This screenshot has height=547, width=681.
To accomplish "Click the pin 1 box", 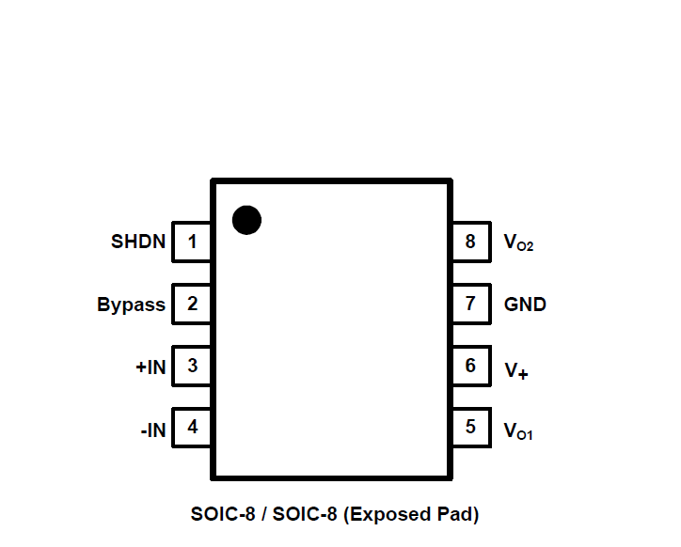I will coord(192,242).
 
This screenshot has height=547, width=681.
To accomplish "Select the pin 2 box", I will coord(192,304).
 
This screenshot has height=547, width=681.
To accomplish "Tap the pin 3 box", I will coord(192,366).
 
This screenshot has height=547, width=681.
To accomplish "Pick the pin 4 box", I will coord(192,428).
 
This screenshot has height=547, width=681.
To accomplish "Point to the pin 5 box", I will coord(470,428).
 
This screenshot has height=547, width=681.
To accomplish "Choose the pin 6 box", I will coord(470,366).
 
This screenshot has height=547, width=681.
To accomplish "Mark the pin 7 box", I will coord(470,304).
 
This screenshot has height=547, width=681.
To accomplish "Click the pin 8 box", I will coord(470,242).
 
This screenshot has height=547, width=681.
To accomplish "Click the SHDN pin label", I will coord(138,242).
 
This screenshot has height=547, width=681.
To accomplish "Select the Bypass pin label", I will coord(131,305).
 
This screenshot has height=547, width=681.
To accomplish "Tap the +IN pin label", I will coord(150,367).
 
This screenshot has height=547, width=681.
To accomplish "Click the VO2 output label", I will coord(518,243).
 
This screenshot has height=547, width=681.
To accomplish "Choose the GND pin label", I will coord(525,305).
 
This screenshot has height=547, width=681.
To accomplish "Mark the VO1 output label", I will coord(518,431).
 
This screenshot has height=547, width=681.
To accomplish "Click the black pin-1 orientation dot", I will coord(246,219).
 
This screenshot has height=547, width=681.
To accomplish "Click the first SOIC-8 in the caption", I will coord(221,514).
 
